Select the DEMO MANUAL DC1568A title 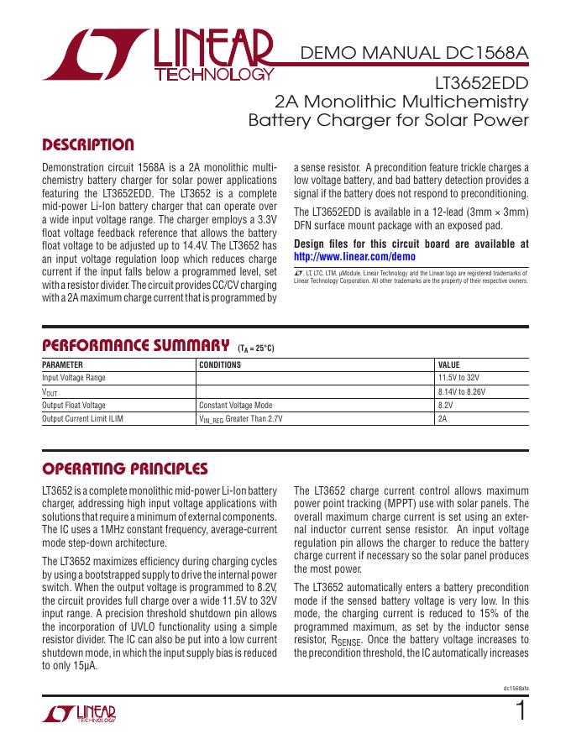pos(415,55)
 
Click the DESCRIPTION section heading pos(87,144)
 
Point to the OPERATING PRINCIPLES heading pos(124,468)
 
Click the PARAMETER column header pos(63,365)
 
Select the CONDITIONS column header pos(219,365)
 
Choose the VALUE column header pos(449,365)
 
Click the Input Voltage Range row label pos(74,378)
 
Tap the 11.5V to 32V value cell pos(461,378)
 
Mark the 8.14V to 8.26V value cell pos(462,391)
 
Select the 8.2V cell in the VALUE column pos(446,405)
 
